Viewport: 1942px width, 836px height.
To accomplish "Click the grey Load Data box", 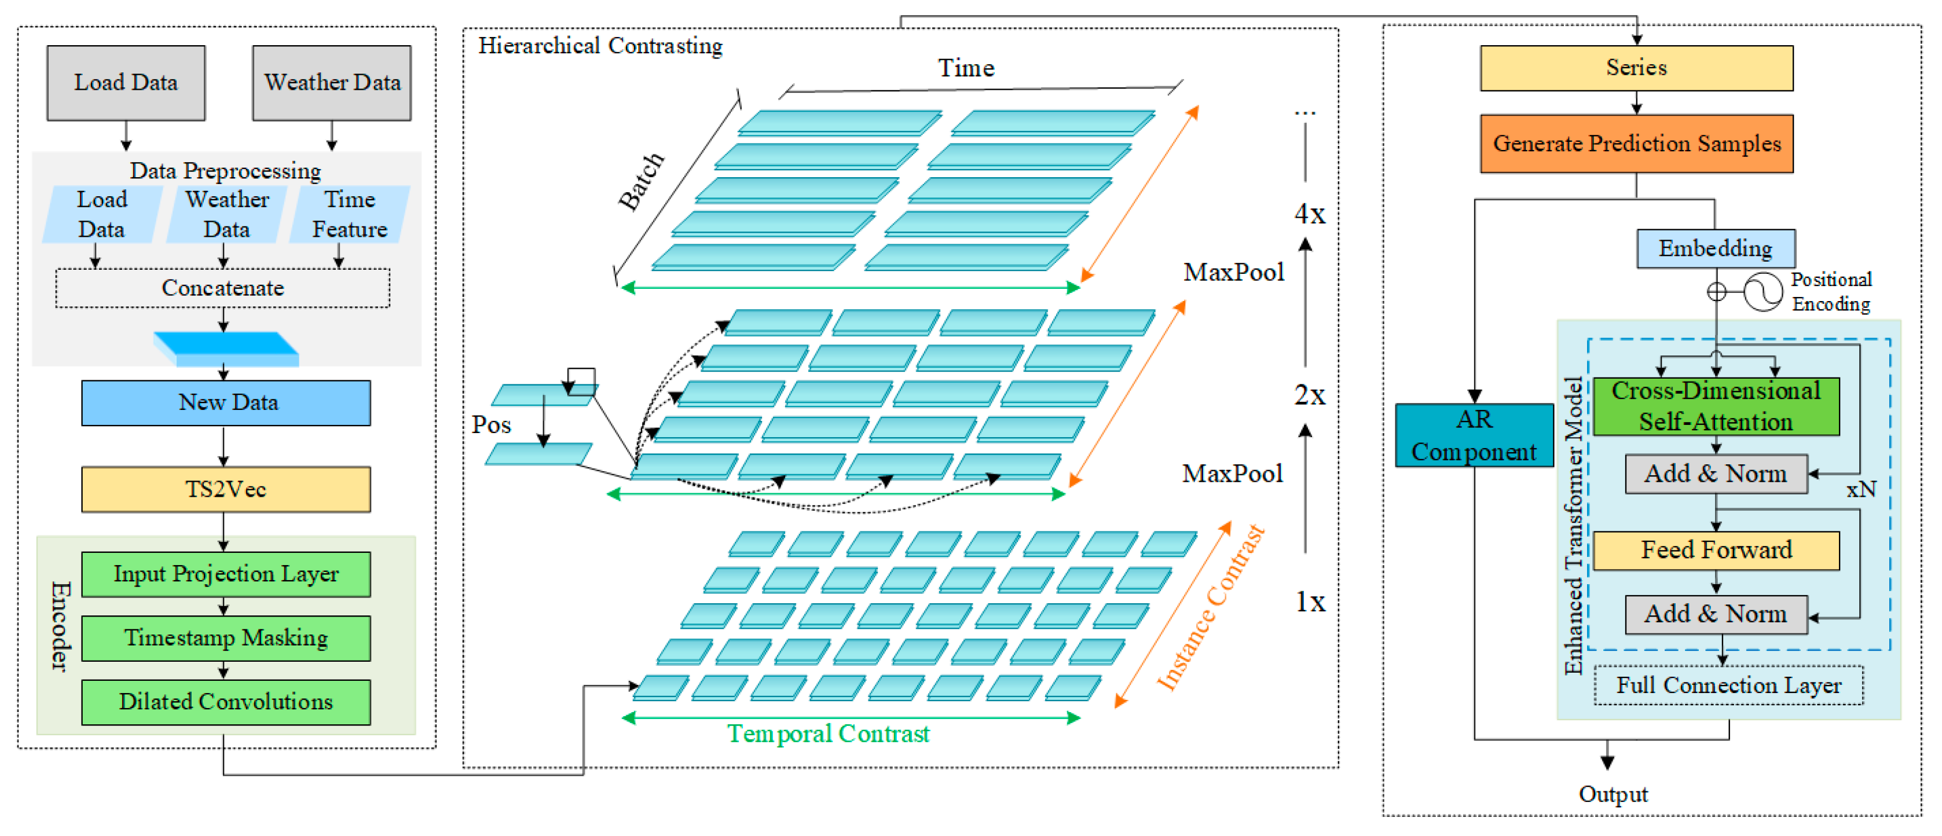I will click(126, 83).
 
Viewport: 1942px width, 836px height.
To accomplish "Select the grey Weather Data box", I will click(332, 83).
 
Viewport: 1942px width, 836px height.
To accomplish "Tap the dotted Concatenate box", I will click(222, 288).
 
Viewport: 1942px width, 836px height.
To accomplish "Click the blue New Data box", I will click(226, 402).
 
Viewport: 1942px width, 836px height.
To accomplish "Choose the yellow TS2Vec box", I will click(226, 489).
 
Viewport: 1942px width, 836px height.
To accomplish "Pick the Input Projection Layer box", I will click(226, 574).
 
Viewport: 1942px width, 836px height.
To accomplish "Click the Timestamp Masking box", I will click(226, 639).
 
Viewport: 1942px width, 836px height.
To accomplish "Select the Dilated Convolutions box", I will click(226, 702).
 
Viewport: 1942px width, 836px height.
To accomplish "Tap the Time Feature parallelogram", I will click(350, 215).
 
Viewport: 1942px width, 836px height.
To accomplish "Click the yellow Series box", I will click(1636, 68).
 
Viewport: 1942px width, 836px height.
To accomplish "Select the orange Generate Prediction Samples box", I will click(1636, 143).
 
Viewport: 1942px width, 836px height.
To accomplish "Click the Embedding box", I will click(1715, 249).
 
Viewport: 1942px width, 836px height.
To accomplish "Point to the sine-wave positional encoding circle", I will click(1763, 292).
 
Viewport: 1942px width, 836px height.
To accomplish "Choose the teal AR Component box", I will click(1474, 436).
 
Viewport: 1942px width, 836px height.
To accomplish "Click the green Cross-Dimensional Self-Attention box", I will click(1716, 406).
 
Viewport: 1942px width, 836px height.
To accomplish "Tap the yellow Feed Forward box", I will click(1716, 551).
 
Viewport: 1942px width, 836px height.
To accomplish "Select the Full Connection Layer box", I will click(1728, 685).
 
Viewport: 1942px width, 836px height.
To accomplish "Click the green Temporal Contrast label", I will click(828, 734).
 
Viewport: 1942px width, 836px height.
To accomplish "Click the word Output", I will click(1613, 794).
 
